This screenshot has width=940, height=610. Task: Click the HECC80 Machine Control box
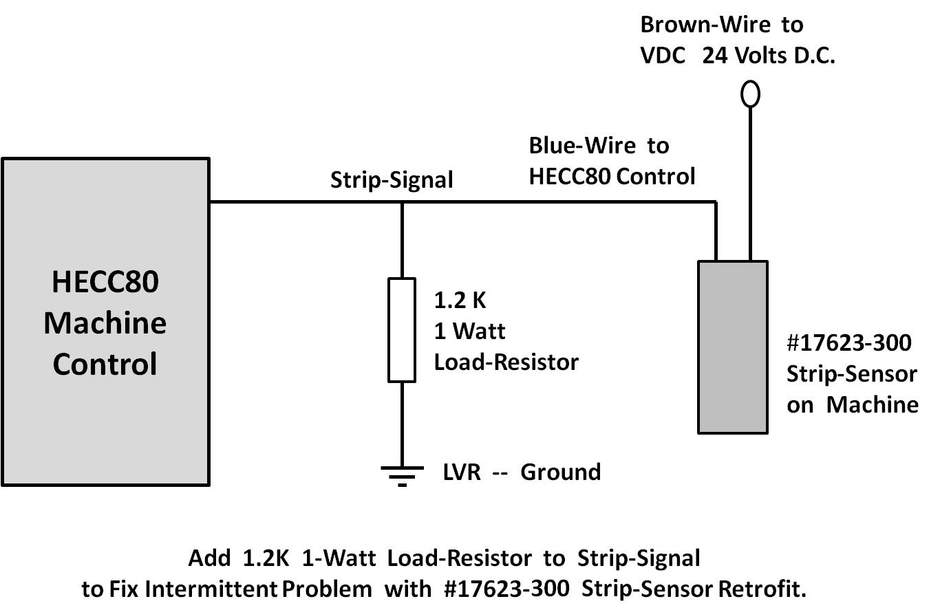105,322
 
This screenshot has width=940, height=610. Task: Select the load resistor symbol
402,329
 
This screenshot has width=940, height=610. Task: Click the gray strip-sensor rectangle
732,347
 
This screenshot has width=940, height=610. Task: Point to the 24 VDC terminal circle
750,94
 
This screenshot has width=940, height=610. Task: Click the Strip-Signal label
392,180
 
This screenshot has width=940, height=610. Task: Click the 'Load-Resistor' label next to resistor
506,362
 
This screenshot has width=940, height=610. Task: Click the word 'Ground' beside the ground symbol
560,472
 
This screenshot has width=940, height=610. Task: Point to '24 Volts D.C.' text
769,56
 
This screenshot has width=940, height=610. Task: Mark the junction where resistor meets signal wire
402,202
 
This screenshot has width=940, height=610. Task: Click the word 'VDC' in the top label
663,56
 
